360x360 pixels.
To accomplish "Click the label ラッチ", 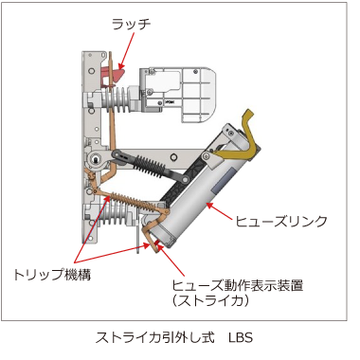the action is tap(131, 25).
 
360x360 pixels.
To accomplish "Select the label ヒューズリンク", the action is tap(280, 221).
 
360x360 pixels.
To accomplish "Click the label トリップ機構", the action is tap(52, 274).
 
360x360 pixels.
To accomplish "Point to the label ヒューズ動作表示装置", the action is tap(238, 285).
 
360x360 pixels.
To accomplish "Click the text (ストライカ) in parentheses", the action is tap(210, 300).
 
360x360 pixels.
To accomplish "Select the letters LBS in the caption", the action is tap(241, 337).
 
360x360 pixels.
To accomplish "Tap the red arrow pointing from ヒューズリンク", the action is tap(219, 211).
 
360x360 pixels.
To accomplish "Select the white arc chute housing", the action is tap(178, 94).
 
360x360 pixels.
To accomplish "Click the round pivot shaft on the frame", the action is tap(96, 158).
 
